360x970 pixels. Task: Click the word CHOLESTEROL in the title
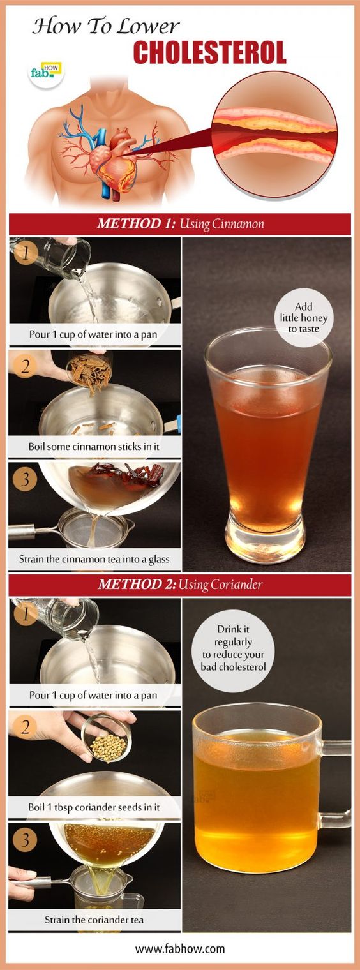209,53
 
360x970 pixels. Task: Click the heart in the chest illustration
114,160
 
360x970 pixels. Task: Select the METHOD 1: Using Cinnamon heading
180,224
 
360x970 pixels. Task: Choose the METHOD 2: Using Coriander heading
180,585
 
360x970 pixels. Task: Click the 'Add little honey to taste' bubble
303,318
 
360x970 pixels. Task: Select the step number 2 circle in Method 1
26,366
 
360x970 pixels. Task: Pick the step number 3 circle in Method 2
25,840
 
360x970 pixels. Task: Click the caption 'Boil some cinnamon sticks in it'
94,447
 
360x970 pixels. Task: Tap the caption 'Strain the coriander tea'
94,920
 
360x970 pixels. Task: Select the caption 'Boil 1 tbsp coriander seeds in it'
94,807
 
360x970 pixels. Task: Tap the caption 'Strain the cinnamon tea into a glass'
94,559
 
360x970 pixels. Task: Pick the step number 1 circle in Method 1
26,253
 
